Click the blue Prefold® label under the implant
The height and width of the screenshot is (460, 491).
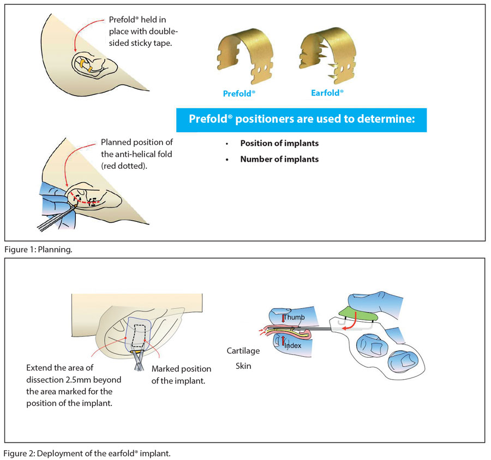click(239, 93)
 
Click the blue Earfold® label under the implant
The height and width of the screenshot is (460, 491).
click(327, 93)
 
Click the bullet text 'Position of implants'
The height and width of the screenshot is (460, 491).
click(279, 144)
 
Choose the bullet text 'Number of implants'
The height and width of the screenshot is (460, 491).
click(279, 160)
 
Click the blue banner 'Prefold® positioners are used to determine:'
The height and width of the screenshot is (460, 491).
click(301, 120)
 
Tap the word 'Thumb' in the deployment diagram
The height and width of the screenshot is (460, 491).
click(294, 317)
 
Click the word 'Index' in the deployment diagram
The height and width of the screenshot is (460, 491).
click(292, 345)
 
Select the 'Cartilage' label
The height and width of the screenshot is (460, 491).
click(243, 351)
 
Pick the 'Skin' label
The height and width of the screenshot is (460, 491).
click(243, 366)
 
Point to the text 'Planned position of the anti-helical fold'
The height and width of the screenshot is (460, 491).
click(137, 148)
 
